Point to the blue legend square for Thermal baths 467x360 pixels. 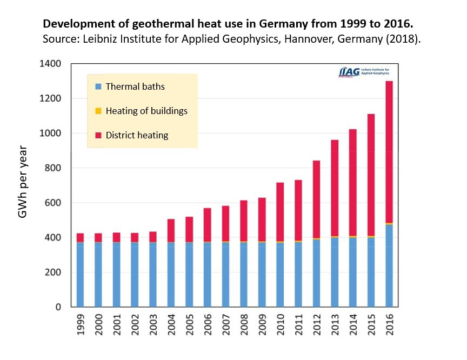coord(98,86)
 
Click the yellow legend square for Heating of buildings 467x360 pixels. coord(98,111)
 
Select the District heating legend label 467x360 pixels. coord(137,135)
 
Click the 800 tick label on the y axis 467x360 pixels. coord(54,168)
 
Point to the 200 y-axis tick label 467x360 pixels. coord(54,272)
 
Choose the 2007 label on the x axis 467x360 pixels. coord(226,325)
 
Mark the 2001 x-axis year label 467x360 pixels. coord(117,325)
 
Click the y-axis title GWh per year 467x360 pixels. coord(23,182)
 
